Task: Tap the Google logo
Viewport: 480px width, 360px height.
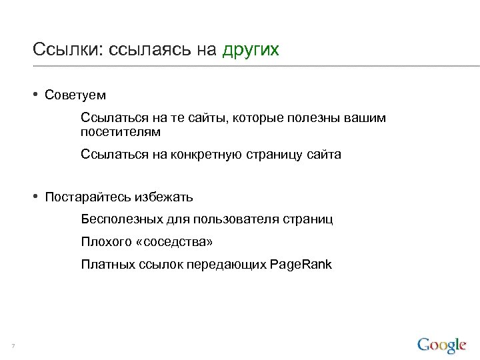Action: pyautogui.click(x=441, y=345)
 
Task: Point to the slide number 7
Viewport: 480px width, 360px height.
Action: pyautogui.click(x=13, y=345)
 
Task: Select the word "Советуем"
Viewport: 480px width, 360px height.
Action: pyautogui.click(x=75, y=95)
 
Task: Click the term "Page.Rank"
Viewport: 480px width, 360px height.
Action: pyautogui.click(x=301, y=265)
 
